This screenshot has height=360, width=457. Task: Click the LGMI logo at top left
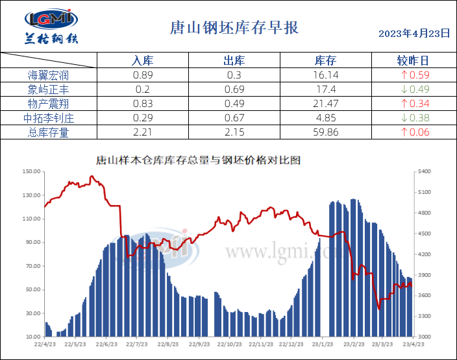[x=51, y=27]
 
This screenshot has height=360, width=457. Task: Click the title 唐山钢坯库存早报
[x=234, y=28]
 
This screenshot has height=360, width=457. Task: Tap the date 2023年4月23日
[x=414, y=34]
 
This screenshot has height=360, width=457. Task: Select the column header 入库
[x=142, y=61]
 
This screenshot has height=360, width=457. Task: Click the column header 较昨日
[x=413, y=61]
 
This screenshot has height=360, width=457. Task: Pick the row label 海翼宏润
[x=49, y=75]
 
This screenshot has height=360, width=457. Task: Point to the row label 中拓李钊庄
[x=49, y=118]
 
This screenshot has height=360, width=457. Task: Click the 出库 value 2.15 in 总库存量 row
[x=234, y=132]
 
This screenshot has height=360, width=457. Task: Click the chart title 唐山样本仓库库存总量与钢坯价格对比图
[x=198, y=160]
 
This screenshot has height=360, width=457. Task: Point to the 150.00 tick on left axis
[x=32, y=172]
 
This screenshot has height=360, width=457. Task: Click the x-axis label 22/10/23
[x=227, y=345]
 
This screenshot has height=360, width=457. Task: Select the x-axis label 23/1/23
[x=323, y=345]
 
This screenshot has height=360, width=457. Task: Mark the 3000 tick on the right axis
[x=423, y=337]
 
